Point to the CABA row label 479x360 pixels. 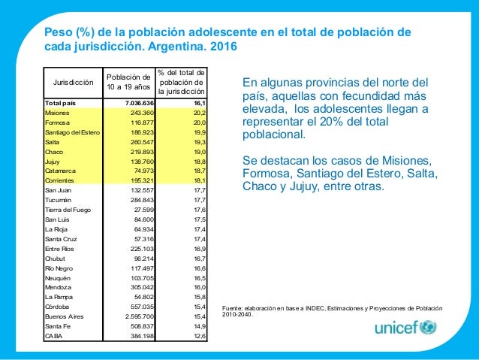tap(53, 336)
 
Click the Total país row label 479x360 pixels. tap(61, 102)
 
